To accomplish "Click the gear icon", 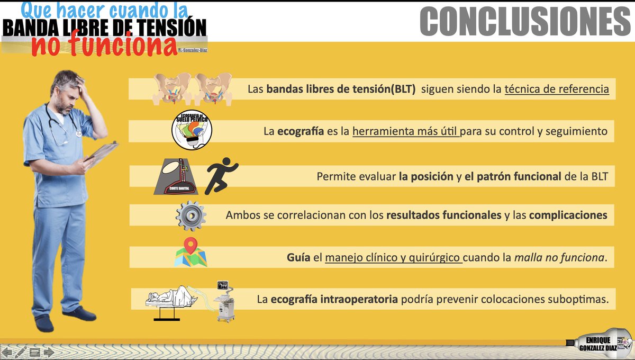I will click(x=190, y=215).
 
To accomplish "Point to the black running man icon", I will click(x=221, y=175).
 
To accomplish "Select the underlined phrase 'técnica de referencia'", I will click(x=557, y=89).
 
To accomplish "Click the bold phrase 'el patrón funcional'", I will click(x=512, y=176).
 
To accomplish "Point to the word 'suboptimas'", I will click(x=580, y=300).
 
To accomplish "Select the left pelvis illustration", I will click(x=171, y=87).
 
